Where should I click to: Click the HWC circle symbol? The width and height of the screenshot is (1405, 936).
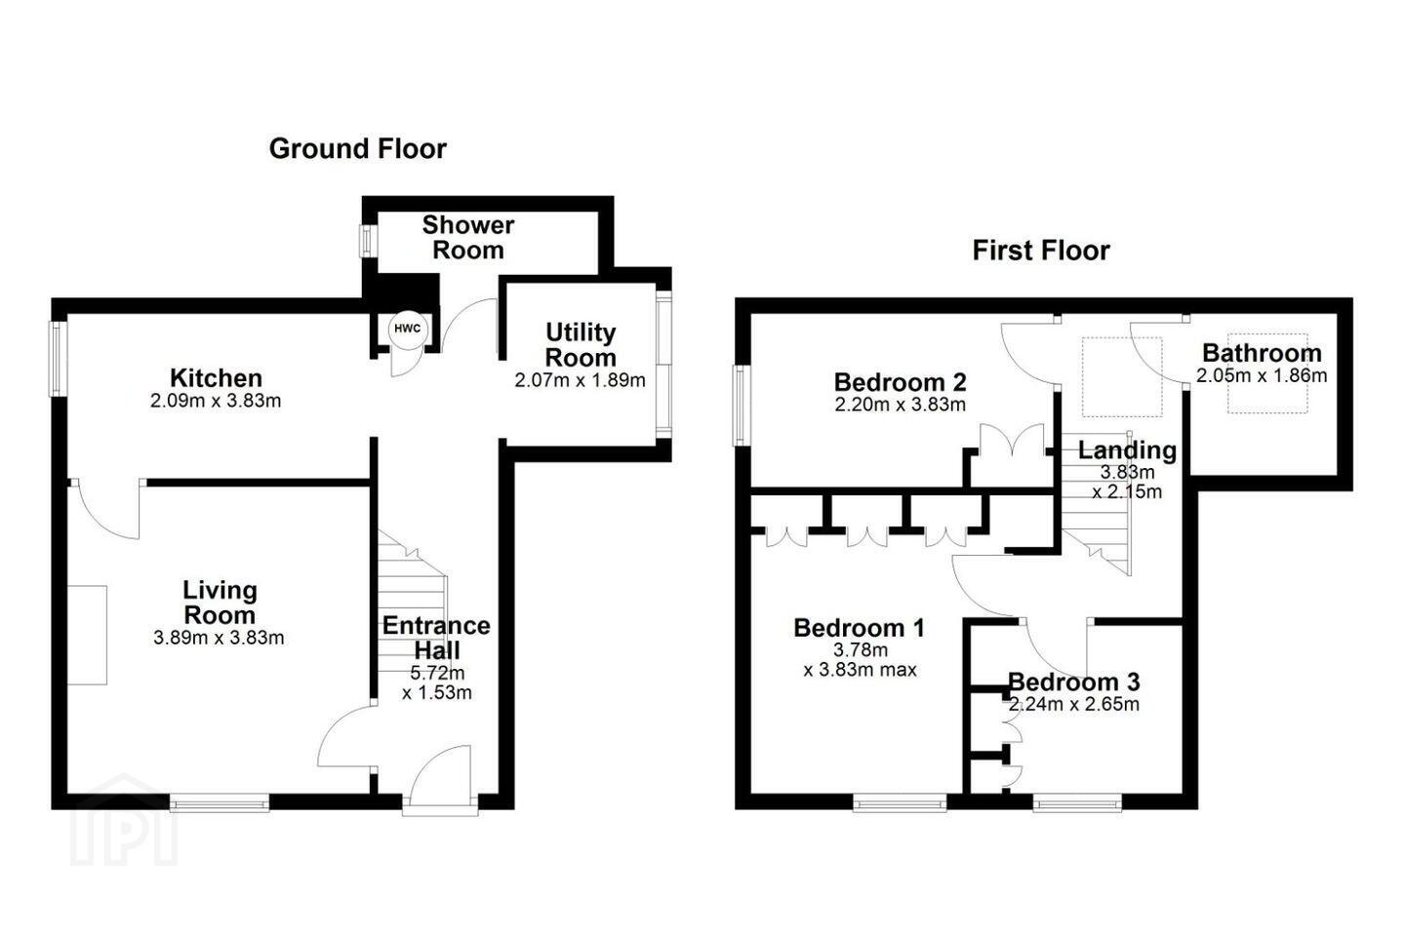click(408, 329)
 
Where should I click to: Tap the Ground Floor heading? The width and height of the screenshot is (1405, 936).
click(357, 149)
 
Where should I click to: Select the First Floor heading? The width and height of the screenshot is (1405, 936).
click(1040, 251)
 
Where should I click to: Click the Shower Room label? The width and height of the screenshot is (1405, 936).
click(468, 238)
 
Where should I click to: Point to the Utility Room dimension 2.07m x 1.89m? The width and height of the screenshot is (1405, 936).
click(580, 380)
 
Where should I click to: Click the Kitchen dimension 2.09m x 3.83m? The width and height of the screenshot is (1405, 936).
click(215, 401)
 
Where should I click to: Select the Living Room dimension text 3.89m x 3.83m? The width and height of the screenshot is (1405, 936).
click(219, 638)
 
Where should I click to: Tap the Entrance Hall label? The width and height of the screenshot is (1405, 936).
click(436, 638)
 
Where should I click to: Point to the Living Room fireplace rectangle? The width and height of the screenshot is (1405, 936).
click(87, 635)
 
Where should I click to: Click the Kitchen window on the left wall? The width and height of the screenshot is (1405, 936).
click(59, 359)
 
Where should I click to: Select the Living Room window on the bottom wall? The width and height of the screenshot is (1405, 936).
click(220, 802)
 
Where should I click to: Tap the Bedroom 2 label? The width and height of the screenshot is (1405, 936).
click(900, 382)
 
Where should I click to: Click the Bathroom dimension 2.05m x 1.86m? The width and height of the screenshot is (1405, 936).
click(1262, 375)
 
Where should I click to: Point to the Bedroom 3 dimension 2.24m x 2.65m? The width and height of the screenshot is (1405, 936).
click(1074, 704)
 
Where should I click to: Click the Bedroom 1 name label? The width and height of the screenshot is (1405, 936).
click(859, 628)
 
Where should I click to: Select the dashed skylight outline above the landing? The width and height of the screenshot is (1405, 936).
click(1122, 376)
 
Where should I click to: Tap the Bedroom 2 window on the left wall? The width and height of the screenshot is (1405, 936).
click(742, 406)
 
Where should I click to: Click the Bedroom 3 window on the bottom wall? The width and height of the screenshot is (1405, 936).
click(1077, 802)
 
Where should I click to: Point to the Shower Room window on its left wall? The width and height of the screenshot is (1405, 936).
click(366, 241)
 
